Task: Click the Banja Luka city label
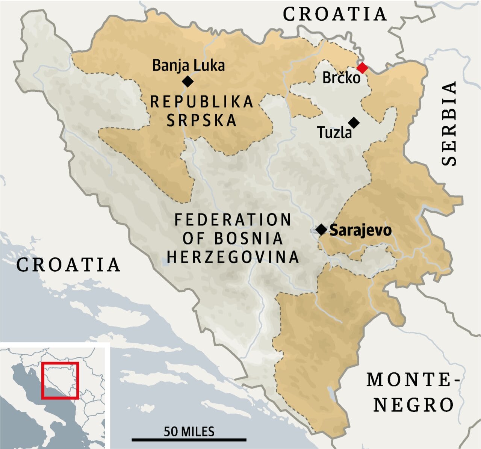click(x=188, y=65)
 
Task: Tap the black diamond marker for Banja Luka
click(x=188, y=81)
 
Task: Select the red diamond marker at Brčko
click(x=362, y=68)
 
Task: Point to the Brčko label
click(x=341, y=78)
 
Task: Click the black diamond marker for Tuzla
click(x=354, y=122)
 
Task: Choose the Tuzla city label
click(x=334, y=132)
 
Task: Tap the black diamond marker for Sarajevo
click(x=321, y=229)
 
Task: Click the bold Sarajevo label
click(x=360, y=230)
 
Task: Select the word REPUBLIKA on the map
click(x=202, y=102)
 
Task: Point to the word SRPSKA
click(x=202, y=120)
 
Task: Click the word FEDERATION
click(x=233, y=220)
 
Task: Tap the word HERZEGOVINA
click(x=233, y=257)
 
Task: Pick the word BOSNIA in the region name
click(x=249, y=239)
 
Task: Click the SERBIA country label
click(x=449, y=123)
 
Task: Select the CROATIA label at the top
click(x=334, y=14)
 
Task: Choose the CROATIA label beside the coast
click(x=68, y=265)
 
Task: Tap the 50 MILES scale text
click(x=189, y=431)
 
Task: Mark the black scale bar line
click(x=189, y=439)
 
